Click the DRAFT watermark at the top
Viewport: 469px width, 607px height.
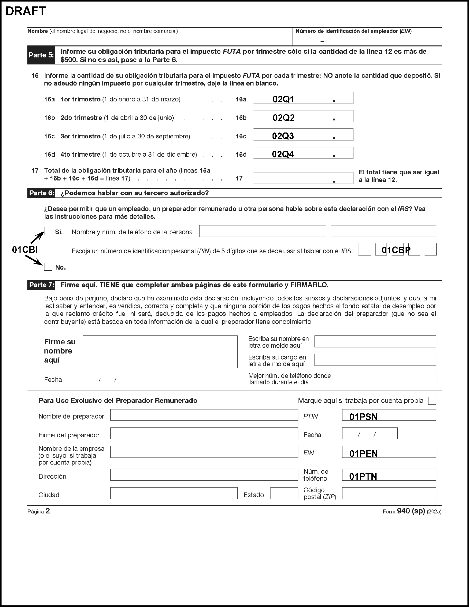(x=26, y=11)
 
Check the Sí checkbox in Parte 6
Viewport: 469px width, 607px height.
(x=48, y=231)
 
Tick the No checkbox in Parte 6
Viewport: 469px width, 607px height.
(x=48, y=267)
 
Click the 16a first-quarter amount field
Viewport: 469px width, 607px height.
(x=303, y=98)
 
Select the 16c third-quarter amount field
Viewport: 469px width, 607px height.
(x=303, y=135)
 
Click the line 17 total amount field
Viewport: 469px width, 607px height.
(x=303, y=178)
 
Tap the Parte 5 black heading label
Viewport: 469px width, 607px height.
(x=41, y=55)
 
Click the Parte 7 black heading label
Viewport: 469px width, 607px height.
(x=41, y=285)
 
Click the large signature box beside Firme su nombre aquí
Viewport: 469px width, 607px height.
(x=160, y=352)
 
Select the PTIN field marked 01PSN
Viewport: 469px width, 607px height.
(x=389, y=415)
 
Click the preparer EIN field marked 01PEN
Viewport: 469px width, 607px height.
(x=389, y=452)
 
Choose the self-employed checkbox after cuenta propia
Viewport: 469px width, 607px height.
(x=432, y=401)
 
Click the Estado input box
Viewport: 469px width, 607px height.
(x=284, y=493)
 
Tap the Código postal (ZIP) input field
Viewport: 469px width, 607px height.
(x=389, y=493)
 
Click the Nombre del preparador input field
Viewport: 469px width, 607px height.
(x=204, y=415)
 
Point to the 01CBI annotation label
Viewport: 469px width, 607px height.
(x=25, y=250)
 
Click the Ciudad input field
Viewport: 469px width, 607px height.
(x=174, y=493)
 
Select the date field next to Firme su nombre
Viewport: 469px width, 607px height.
(x=110, y=378)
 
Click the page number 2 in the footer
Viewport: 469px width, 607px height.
(x=48, y=511)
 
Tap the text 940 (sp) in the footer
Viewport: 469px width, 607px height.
(x=411, y=511)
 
